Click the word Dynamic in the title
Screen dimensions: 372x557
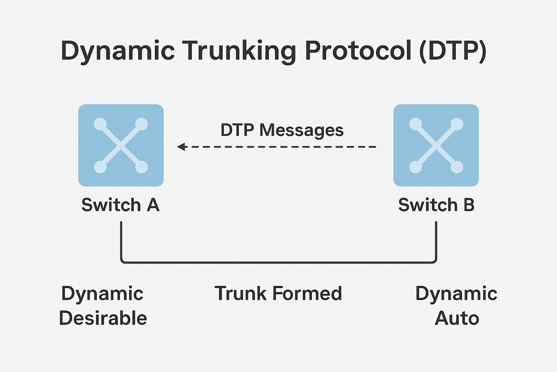tap(118, 51)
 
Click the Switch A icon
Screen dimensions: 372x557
tap(121, 145)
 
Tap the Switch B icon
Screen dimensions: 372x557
tap(436, 145)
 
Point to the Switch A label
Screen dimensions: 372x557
tap(120, 205)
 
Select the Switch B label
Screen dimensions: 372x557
tap(436, 205)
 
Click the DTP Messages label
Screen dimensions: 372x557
tap(282, 130)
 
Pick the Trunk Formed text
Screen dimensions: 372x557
tap(278, 294)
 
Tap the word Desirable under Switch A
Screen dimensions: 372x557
tap(103, 318)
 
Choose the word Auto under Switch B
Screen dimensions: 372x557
tap(457, 318)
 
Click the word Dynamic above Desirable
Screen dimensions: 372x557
tap(102, 294)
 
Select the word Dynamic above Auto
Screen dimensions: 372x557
tap(456, 294)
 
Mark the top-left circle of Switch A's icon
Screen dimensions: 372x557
tap(100, 124)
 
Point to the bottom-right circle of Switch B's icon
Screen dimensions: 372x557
tap(457, 167)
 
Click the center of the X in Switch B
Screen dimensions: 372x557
tap(436, 146)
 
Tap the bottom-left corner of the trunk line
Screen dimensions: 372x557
tap(122, 261)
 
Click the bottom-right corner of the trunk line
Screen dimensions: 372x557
tap(435, 261)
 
